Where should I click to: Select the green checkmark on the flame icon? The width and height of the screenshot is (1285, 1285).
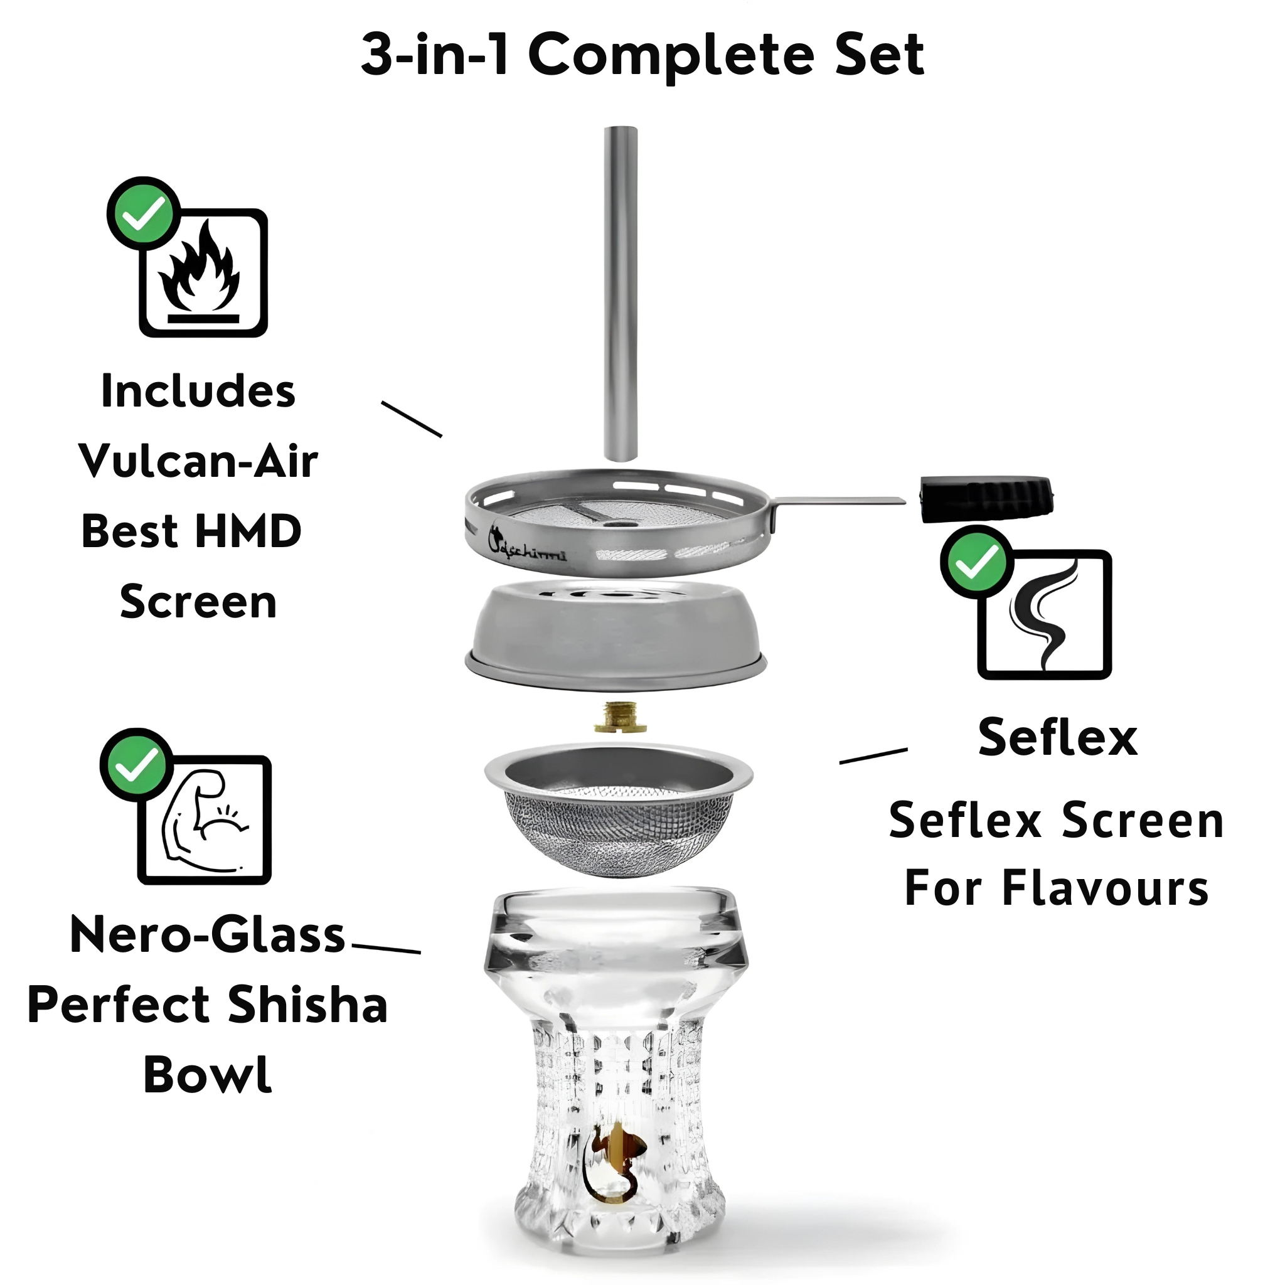pos(143,213)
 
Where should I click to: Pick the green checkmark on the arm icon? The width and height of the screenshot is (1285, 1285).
pos(136,765)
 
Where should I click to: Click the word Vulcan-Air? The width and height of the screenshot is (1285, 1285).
pos(198,461)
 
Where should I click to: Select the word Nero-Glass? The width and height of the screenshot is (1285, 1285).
pos(208,934)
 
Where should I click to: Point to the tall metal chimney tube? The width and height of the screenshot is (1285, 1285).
pos(621,292)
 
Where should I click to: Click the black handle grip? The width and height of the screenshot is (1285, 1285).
pos(986,498)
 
